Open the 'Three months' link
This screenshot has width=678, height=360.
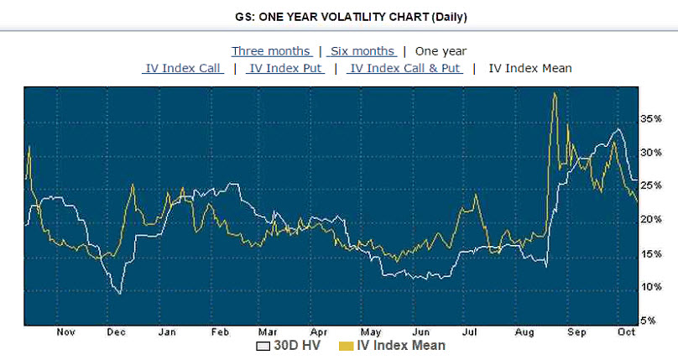click(271, 51)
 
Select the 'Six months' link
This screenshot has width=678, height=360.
click(362, 51)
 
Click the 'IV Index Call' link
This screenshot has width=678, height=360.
click(183, 68)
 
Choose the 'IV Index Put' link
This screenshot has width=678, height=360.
click(284, 68)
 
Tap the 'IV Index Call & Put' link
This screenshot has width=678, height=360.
click(405, 68)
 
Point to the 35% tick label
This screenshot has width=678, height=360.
click(650, 119)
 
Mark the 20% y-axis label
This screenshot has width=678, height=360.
click(650, 219)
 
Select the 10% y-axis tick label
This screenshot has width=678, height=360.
click(650, 286)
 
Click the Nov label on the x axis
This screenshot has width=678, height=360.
click(65, 331)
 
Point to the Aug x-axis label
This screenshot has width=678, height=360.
click(527, 331)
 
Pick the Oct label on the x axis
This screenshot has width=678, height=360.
click(625, 331)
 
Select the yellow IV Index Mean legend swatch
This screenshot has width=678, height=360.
click(346, 346)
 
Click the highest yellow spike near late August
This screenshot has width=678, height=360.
click(555, 94)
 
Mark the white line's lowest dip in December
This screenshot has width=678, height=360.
click(120, 293)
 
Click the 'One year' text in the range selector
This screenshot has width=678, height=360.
click(441, 51)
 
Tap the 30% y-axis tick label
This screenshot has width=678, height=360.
click(650, 153)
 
